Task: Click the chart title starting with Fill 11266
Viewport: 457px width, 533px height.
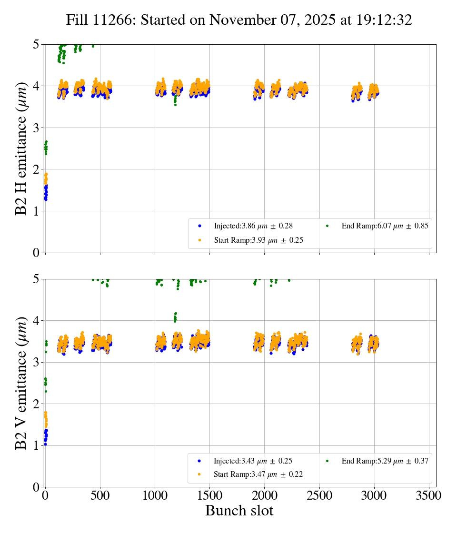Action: (x=239, y=20)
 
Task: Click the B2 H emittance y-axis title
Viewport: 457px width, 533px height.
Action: (x=21, y=148)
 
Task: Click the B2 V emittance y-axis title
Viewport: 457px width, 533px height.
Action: (x=21, y=383)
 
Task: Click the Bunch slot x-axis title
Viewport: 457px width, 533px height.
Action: (x=239, y=511)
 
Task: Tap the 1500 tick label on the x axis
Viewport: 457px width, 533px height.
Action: (x=209, y=495)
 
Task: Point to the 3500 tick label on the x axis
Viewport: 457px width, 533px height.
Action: (x=429, y=495)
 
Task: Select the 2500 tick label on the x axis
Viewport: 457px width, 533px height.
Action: (x=319, y=495)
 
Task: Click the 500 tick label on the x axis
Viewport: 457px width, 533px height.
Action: (x=100, y=495)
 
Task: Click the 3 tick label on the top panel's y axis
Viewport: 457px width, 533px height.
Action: (x=35, y=128)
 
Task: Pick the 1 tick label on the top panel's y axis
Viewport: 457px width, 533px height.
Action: (x=35, y=211)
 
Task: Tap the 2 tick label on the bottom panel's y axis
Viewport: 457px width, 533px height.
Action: (x=35, y=404)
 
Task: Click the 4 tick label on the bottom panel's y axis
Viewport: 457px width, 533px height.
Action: (x=35, y=321)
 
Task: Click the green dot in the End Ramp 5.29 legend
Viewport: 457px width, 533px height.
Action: (x=328, y=461)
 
